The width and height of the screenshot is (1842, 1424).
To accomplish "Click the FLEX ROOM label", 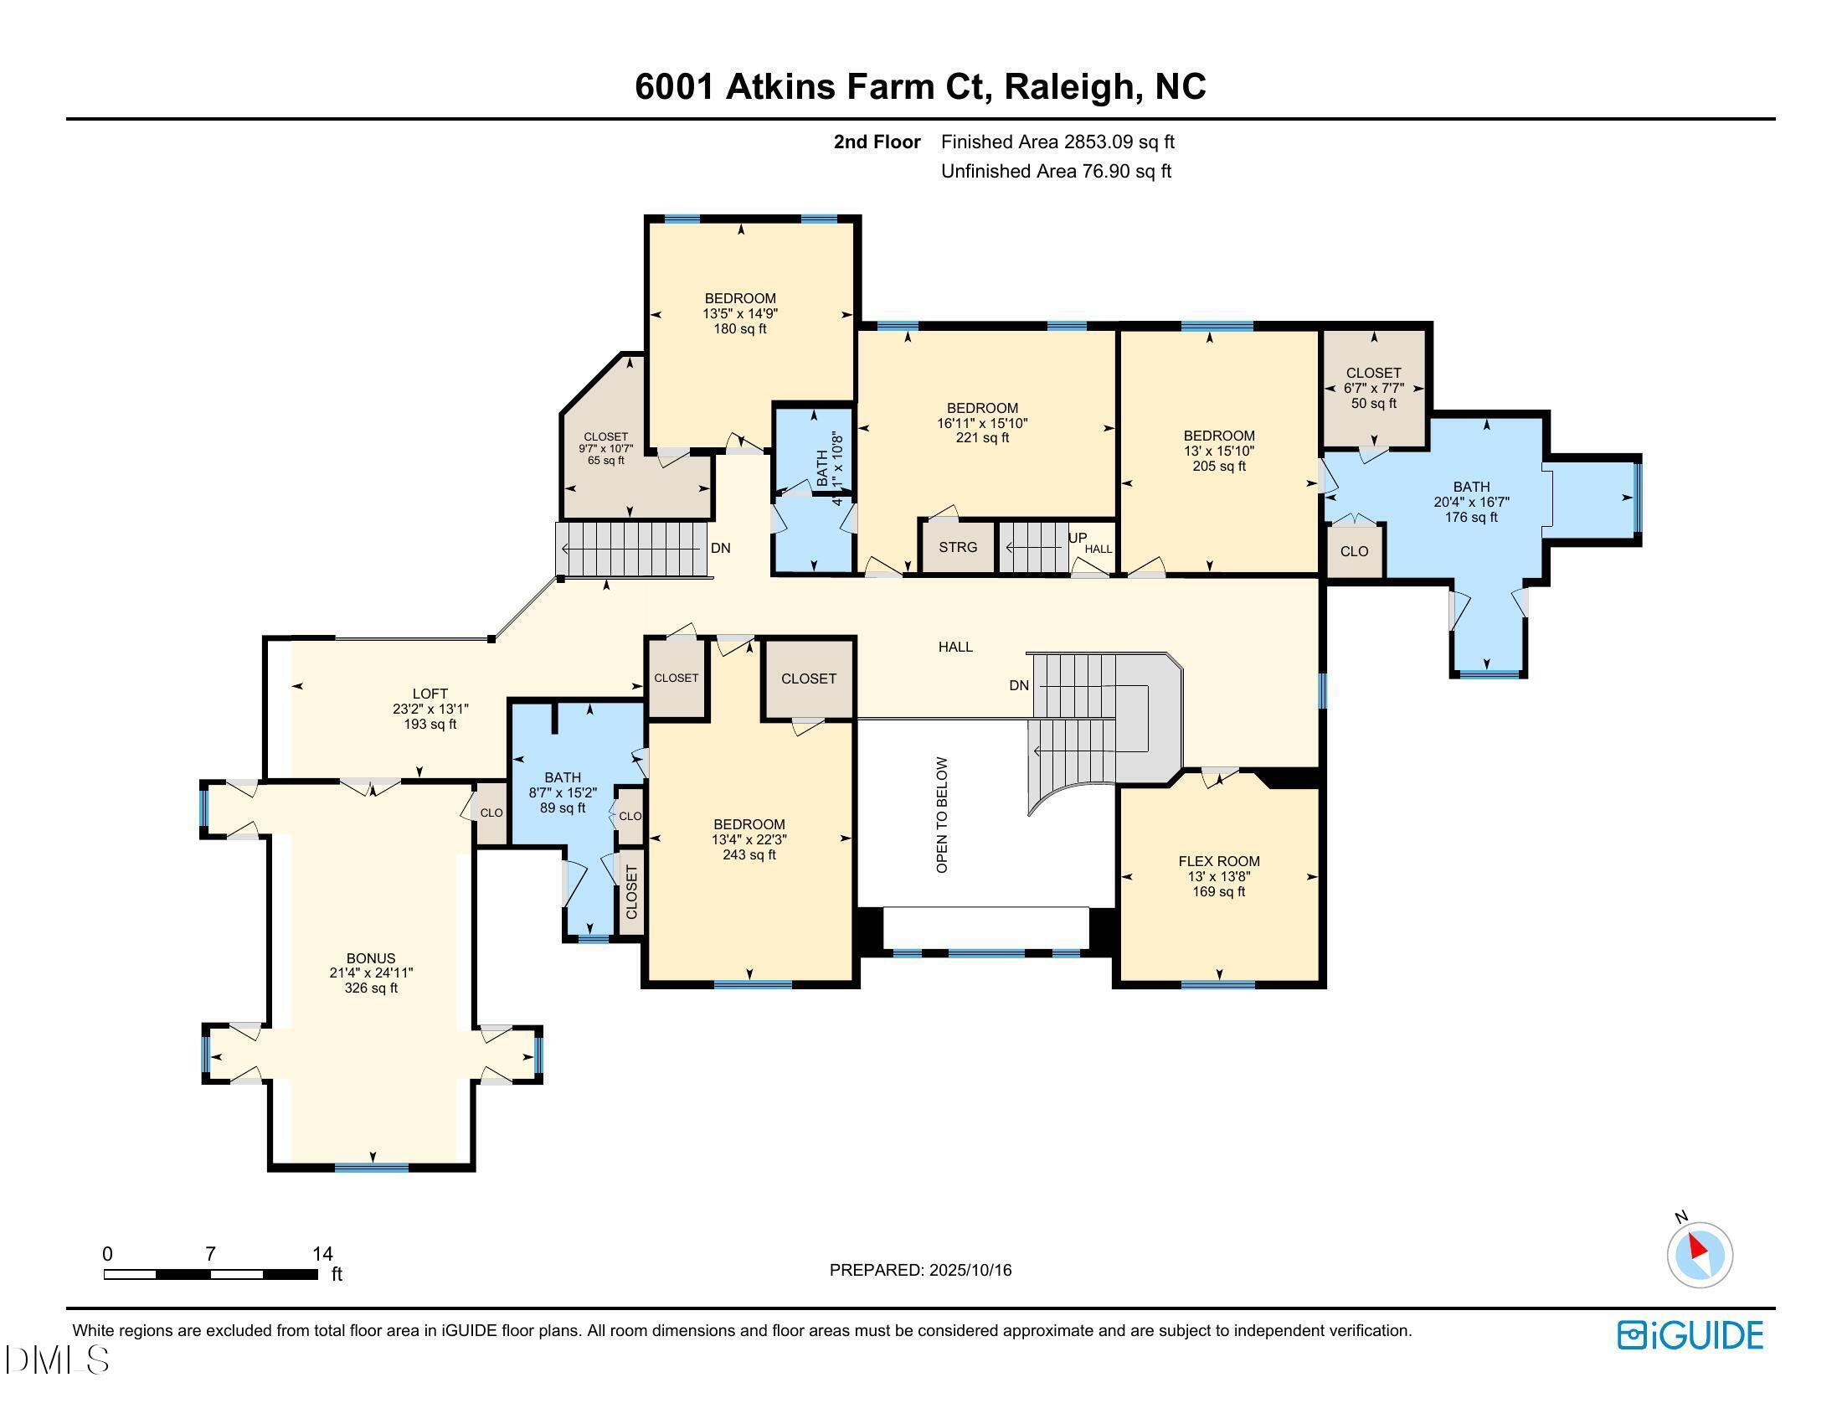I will (x=1219, y=861).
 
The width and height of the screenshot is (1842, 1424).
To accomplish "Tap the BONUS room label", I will (x=370, y=958).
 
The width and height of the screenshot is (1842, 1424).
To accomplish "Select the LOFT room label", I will (x=430, y=694).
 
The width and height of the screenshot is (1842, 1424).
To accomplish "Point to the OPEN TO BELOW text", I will (x=942, y=815).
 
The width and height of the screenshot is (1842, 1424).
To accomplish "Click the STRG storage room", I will (x=958, y=547).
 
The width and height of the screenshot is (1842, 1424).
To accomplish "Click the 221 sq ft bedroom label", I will (x=982, y=423).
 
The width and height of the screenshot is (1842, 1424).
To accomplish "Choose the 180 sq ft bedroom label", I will (x=739, y=313).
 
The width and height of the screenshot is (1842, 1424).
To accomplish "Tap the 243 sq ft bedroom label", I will (x=749, y=839).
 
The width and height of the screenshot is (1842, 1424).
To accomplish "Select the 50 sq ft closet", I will (x=1373, y=387).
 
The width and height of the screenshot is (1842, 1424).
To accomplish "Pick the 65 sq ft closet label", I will (x=605, y=449).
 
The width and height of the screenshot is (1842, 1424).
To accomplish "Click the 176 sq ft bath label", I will (x=1471, y=502).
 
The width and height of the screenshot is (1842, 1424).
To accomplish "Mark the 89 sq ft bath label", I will (x=563, y=792).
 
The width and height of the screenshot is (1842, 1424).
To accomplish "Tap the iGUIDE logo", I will (x=1690, y=1335).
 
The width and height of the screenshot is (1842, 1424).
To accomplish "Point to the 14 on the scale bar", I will (x=322, y=1254).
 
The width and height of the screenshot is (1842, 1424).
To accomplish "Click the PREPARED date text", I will (x=920, y=1270).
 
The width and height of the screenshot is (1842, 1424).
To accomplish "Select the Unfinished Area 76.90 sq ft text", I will (x=1056, y=171).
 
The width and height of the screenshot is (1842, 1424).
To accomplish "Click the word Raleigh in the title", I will (x=1068, y=87).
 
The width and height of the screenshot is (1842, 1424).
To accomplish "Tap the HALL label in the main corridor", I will (x=955, y=647).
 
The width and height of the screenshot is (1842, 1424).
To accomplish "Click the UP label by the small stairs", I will (x=1077, y=538).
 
